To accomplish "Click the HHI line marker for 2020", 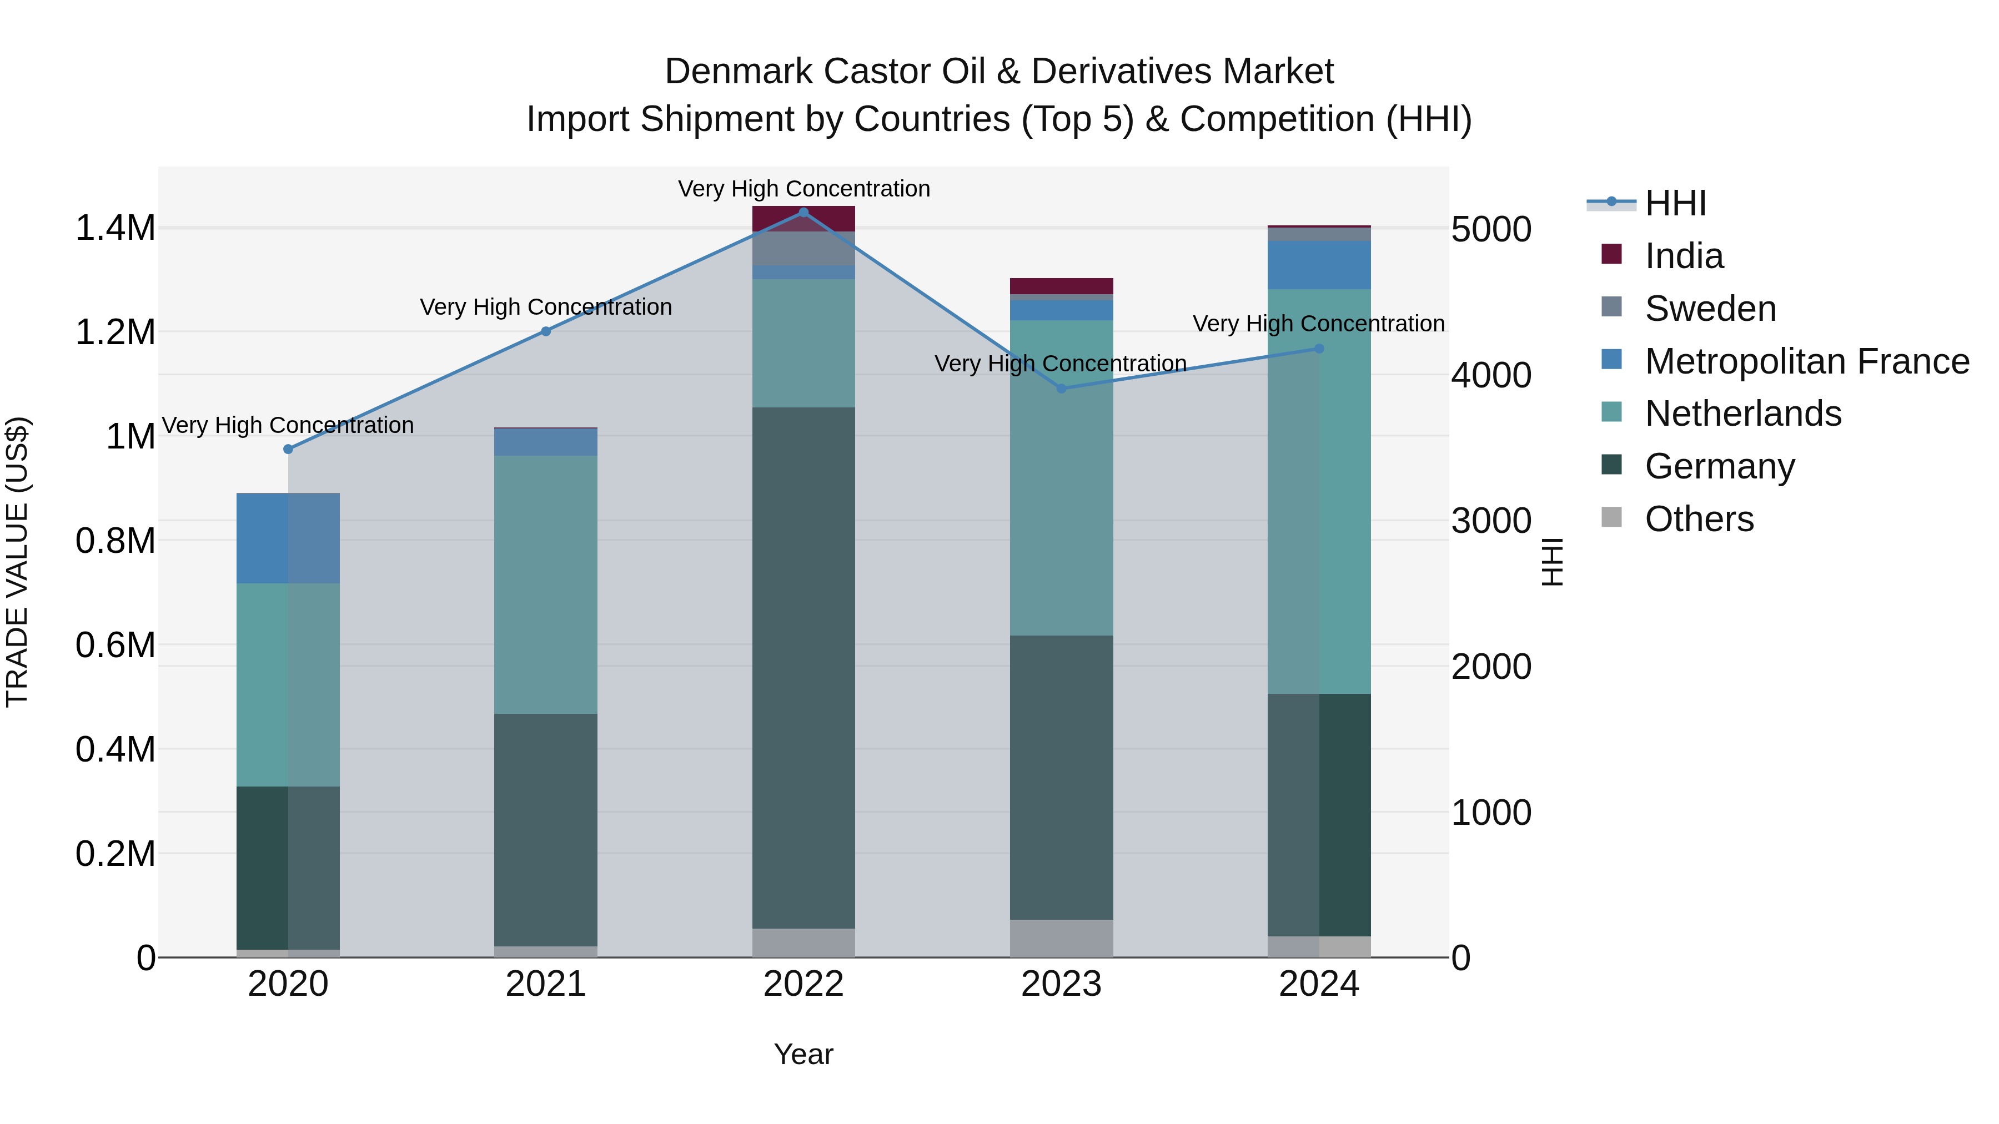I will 288,449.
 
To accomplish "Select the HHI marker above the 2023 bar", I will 1062,389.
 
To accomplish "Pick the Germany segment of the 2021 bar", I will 545,829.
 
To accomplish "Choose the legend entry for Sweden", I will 1710,309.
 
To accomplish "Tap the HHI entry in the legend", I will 1675,203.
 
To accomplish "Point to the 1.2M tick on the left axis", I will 115,333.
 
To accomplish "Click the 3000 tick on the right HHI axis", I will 1491,521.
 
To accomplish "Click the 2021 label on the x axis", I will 545,984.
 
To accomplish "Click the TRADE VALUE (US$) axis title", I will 17,562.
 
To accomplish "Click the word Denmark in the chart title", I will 738,72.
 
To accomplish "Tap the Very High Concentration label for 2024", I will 1318,324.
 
